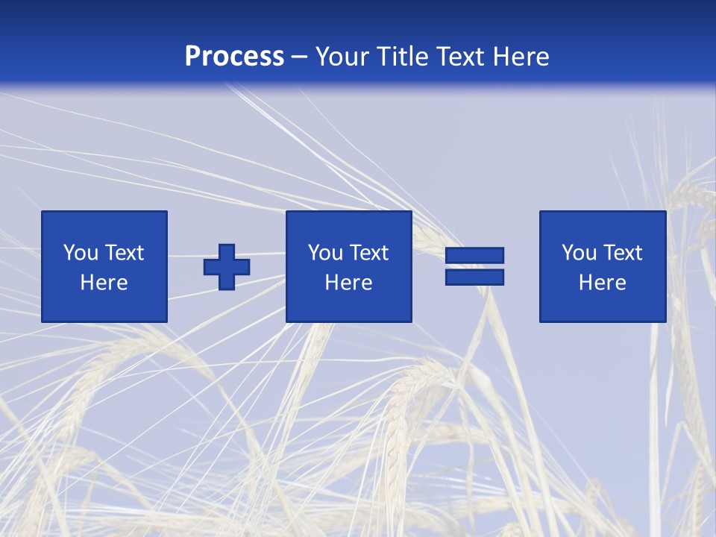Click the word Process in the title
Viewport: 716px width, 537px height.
(234, 57)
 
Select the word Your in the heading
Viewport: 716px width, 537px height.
(342, 57)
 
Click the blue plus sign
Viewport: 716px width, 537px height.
(227, 266)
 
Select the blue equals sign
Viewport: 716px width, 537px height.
(474, 266)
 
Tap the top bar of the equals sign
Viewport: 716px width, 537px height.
(474, 256)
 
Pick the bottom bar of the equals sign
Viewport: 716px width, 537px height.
(474, 277)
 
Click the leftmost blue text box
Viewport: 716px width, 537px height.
(104, 266)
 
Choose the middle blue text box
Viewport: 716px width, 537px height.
(348, 266)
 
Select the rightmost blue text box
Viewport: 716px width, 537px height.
(602, 266)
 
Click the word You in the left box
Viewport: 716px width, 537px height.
(81, 253)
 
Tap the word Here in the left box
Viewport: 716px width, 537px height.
(104, 283)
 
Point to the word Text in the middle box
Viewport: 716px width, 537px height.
(368, 253)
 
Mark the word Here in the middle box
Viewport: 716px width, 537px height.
(348, 283)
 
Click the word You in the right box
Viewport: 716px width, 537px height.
(579, 253)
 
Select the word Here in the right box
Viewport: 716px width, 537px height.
(602, 283)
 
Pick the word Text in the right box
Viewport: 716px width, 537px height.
(622, 253)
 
